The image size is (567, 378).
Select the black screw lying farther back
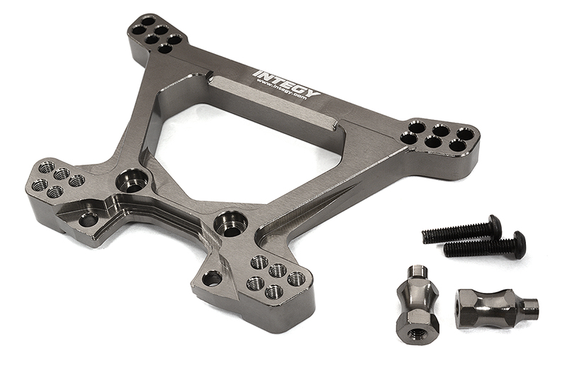461,230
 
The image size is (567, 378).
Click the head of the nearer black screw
519,244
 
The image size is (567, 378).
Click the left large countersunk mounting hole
133,180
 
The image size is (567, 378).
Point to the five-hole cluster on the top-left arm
155,34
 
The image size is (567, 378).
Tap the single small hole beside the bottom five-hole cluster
212,279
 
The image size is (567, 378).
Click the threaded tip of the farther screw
427,235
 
